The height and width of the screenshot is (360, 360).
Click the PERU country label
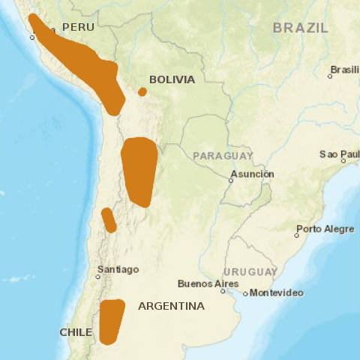pyautogui.click(x=79, y=27)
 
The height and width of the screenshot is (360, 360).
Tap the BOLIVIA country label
pyautogui.click(x=172, y=79)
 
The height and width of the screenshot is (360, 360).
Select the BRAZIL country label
pyautogui.click(x=300, y=28)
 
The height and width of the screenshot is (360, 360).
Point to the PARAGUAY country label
pyautogui.click(x=223, y=155)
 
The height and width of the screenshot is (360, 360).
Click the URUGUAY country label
pyautogui.click(x=250, y=271)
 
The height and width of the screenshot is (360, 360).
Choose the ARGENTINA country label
pyautogui.click(x=171, y=306)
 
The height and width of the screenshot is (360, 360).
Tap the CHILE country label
pyautogui.click(x=76, y=332)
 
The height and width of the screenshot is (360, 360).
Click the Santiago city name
pyautogui.click(x=118, y=269)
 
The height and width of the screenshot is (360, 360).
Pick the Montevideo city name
pyautogui.click(x=277, y=292)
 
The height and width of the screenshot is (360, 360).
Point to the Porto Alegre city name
pyautogui.click(x=325, y=229)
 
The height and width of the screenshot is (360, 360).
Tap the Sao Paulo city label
pyautogui.click(x=340, y=154)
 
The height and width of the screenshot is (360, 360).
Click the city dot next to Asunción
pyautogui.click(x=231, y=180)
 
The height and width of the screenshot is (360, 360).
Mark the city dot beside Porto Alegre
pyautogui.click(x=297, y=235)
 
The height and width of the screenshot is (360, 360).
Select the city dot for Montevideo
pyautogui.click(x=245, y=293)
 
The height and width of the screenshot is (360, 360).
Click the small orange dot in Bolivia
pyautogui.click(x=142, y=92)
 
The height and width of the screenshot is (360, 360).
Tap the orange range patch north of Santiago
pyautogui.click(x=109, y=220)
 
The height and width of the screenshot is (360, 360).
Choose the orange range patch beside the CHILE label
pyautogui.click(x=111, y=321)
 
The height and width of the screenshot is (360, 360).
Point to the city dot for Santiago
pyautogui.click(x=97, y=277)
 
